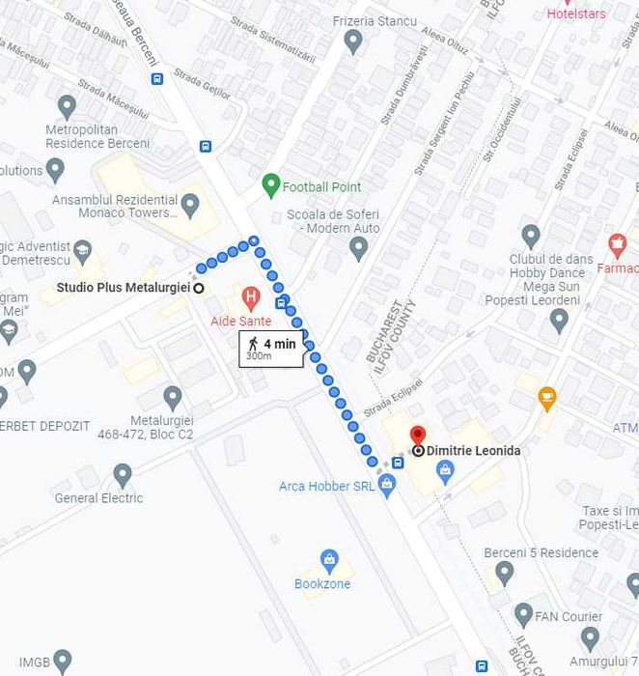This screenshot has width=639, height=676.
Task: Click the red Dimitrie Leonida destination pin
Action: pos(417,437)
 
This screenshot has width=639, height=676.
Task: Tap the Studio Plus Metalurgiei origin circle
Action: pos(199,288)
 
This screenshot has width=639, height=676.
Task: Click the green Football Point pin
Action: pos(271,185)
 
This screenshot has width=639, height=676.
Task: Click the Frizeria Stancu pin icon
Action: pos(353,42)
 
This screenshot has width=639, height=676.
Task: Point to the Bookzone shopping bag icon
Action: pos(329,560)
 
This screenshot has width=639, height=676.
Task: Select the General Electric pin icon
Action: pos(123,474)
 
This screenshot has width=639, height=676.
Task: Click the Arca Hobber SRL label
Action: pos(327,486)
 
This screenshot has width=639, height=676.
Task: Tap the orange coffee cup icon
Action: pos(547,395)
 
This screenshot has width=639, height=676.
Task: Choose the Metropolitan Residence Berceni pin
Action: pos(67,105)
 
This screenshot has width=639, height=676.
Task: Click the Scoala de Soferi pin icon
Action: pos(359,249)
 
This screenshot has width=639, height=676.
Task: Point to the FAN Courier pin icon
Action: pos(524,613)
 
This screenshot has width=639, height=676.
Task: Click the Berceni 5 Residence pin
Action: pos(503,574)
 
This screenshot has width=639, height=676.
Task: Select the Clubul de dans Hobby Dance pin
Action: pos(530,235)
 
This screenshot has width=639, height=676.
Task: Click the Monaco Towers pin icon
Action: pos(190,205)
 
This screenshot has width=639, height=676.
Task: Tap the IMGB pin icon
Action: pos(62,662)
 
